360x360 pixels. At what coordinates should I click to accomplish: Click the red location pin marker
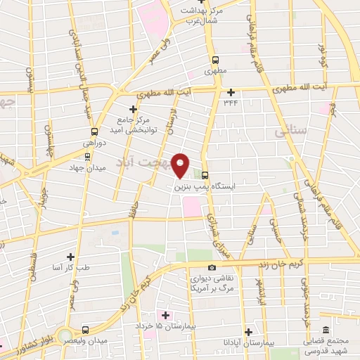pos(181,166)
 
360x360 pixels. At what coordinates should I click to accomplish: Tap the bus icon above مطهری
pos(215,60)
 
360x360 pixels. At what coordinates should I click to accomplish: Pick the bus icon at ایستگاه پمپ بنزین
pos(205,175)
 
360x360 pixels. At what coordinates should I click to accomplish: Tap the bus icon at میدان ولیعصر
pos(85,330)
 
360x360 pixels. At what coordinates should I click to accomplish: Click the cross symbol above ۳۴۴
pos(231,91)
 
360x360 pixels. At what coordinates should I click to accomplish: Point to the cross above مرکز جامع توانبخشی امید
pos(134,108)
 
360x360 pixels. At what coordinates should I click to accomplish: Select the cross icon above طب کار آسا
pos(70,257)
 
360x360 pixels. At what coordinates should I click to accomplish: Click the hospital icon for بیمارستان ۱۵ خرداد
pos(166,314)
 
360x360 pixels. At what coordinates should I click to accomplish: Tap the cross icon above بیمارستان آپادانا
pos(247,331)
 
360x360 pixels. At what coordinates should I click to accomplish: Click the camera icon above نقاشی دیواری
pos(213,267)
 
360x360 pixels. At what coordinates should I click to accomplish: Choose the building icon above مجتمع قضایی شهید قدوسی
pos(325,330)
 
